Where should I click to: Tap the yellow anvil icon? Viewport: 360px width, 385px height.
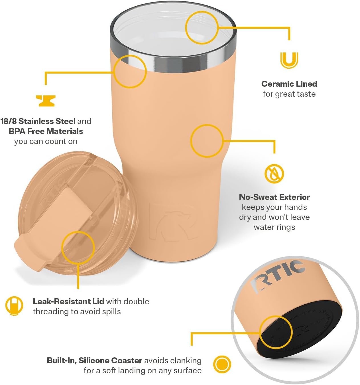coord(46,101)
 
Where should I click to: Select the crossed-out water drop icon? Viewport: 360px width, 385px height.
coord(274,173)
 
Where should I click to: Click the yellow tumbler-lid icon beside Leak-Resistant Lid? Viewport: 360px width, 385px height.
coord(14,306)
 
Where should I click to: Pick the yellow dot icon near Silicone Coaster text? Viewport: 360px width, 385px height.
coord(222,364)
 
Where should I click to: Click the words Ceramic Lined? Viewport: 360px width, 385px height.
coord(289,84)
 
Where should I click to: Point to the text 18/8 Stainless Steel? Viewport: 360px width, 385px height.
coord(38,121)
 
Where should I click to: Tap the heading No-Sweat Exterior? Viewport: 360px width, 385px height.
coord(274,197)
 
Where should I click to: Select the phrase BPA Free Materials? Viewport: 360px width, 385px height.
coord(46,131)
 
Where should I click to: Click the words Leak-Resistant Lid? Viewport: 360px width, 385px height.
coord(68,301)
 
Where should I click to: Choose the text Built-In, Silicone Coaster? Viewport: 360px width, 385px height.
coord(94,360)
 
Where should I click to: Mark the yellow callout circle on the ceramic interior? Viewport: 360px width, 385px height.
coord(202,28)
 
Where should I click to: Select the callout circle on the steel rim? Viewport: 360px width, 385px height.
coord(130,71)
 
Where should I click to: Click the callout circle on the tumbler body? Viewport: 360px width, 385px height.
coord(207,141)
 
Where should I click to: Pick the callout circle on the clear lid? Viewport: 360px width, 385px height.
coord(78,247)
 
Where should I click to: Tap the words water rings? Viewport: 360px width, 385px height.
coord(274,227)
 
